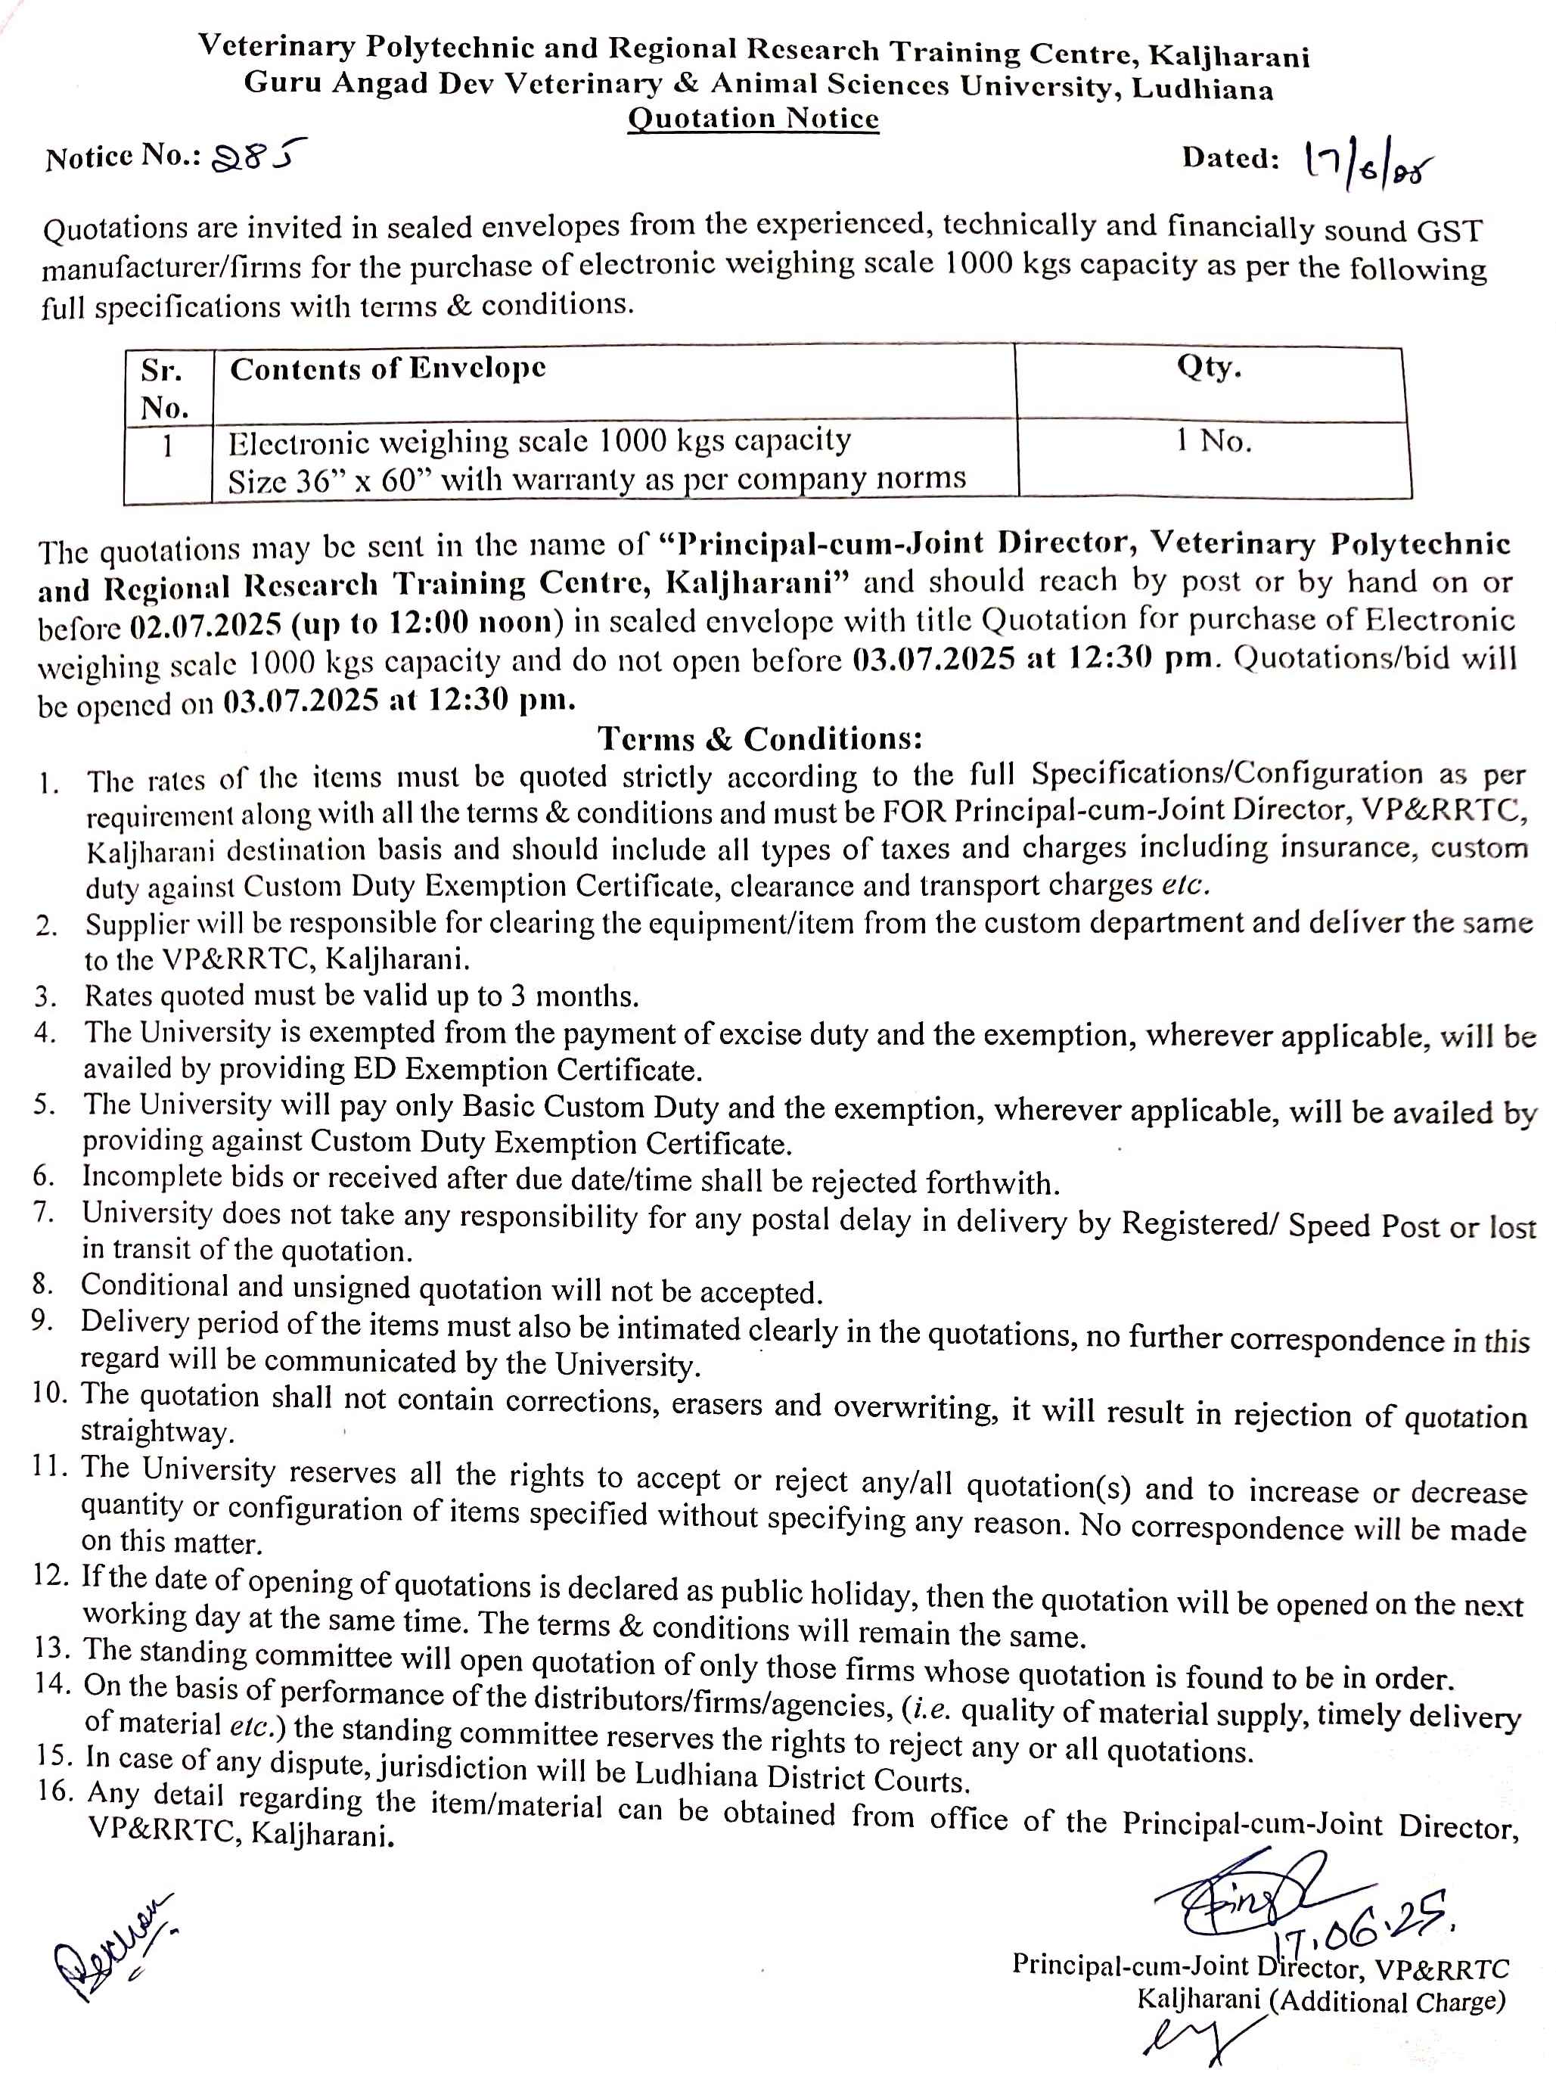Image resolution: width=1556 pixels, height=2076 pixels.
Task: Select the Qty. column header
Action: (1209, 367)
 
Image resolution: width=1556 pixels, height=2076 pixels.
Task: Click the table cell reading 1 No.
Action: (1213, 440)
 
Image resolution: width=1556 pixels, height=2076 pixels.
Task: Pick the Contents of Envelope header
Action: (387, 369)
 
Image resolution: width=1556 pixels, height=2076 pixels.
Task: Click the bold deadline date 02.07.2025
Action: (206, 624)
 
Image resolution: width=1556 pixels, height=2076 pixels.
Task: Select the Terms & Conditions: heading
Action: (760, 738)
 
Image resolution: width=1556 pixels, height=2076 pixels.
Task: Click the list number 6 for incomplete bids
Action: (43, 1175)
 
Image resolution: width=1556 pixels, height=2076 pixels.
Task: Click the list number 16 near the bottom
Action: (54, 1790)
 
